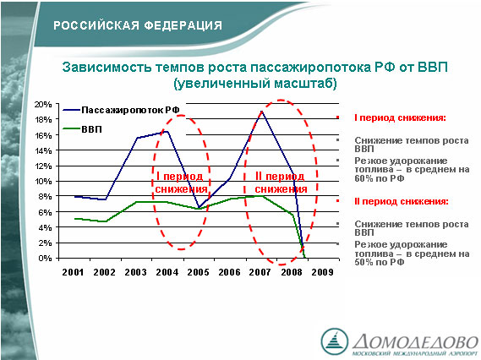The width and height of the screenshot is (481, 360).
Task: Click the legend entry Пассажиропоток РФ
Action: tap(121, 110)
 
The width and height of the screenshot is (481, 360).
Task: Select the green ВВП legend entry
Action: tap(82, 129)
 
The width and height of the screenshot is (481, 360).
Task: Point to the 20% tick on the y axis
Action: tap(43, 105)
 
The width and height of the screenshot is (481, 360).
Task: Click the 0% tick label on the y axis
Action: tap(45, 259)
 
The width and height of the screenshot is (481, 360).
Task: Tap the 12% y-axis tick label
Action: tap(43, 166)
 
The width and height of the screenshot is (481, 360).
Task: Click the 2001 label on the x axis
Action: tap(73, 272)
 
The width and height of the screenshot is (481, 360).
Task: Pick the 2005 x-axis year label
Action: tap(198, 272)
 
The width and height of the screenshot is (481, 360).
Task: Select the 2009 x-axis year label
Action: tap(322, 272)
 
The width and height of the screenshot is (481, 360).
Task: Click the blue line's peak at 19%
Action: tap(262, 112)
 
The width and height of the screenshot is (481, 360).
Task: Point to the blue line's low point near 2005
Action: tap(199, 208)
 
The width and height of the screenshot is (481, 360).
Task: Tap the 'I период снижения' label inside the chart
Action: tap(181, 183)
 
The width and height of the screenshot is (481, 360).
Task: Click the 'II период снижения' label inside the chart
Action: tap(281, 183)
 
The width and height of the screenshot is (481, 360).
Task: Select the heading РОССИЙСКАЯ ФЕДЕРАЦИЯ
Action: tap(138, 25)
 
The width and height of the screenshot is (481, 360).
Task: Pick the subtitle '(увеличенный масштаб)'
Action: tap(255, 84)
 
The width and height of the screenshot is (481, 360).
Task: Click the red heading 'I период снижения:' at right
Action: tap(400, 117)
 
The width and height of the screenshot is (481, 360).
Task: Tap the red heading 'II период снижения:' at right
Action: tap(402, 201)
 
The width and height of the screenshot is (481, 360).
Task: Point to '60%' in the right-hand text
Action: tap(363, 178)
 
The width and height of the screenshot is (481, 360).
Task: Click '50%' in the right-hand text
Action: tap(363, 262)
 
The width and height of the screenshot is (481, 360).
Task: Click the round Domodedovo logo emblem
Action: tap(335, 341)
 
